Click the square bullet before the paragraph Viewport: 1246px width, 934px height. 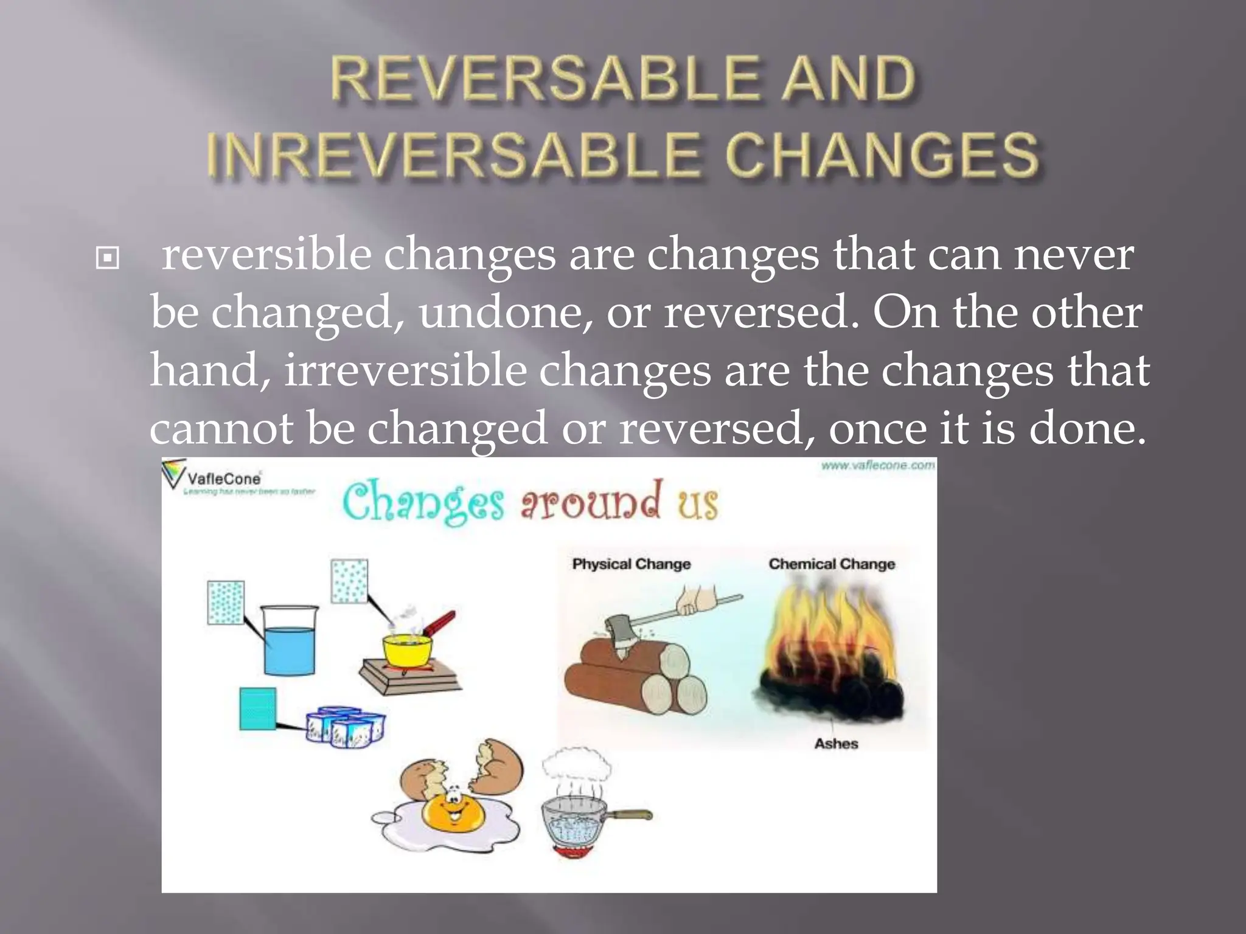point(108,258)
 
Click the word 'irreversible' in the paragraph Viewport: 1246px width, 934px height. point(405,370)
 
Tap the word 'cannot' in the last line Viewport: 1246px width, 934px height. point(221,428)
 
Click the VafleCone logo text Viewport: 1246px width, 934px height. point(224,479)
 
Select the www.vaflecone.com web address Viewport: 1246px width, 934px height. point(877,466)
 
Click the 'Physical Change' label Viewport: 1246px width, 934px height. point(631,564)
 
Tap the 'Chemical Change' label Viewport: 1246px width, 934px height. point(832,564)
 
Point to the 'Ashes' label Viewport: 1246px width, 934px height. point(836,744)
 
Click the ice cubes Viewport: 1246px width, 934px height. point(346,726)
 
